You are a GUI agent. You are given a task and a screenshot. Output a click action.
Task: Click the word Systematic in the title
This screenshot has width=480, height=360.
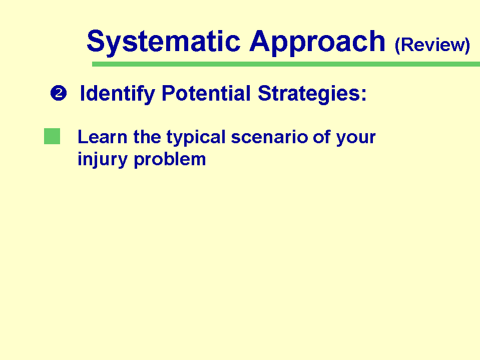164,43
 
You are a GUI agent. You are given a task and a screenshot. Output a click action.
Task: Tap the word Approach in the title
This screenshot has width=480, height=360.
317,43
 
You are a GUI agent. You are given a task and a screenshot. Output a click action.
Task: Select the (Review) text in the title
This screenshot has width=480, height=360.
432,45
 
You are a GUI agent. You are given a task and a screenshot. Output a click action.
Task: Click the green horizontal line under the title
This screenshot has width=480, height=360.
286,64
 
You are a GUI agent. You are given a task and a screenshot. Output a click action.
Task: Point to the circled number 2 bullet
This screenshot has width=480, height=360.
59,93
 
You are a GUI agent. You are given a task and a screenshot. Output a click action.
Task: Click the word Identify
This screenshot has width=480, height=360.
117,94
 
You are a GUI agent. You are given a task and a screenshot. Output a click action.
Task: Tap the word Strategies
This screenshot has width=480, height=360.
308,94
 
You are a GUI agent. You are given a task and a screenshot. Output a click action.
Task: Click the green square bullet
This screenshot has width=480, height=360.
52,136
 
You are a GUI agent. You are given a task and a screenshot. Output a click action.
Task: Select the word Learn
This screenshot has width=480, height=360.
102,137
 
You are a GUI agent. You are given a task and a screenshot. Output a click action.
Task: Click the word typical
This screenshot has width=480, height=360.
196,138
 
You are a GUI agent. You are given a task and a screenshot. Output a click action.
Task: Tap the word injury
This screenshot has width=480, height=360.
102,160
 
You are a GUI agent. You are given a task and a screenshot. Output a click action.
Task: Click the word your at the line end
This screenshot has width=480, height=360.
356,138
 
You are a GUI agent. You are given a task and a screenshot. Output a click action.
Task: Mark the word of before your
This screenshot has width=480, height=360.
322,137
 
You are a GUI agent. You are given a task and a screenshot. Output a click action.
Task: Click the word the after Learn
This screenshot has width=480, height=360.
147,137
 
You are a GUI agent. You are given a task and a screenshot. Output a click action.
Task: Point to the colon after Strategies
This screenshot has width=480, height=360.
364,95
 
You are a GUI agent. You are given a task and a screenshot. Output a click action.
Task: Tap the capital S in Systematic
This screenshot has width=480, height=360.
96,41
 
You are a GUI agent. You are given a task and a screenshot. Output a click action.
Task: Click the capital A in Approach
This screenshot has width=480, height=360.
260,41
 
